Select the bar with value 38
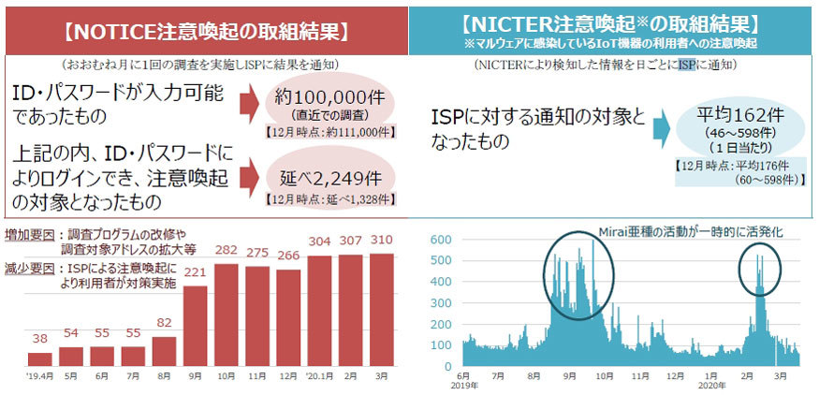[x=40, y=358]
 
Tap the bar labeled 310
[x=381, y=310]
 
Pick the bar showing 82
[x=165, y=351]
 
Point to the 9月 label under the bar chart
[x=197, y=377]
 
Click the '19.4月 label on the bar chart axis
[x=40, y=377]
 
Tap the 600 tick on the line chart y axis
[x=439, y=240]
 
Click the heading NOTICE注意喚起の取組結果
[x=205, y=29]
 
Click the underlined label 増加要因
[x=28, y=235]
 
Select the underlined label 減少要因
[x=28, y=271]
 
